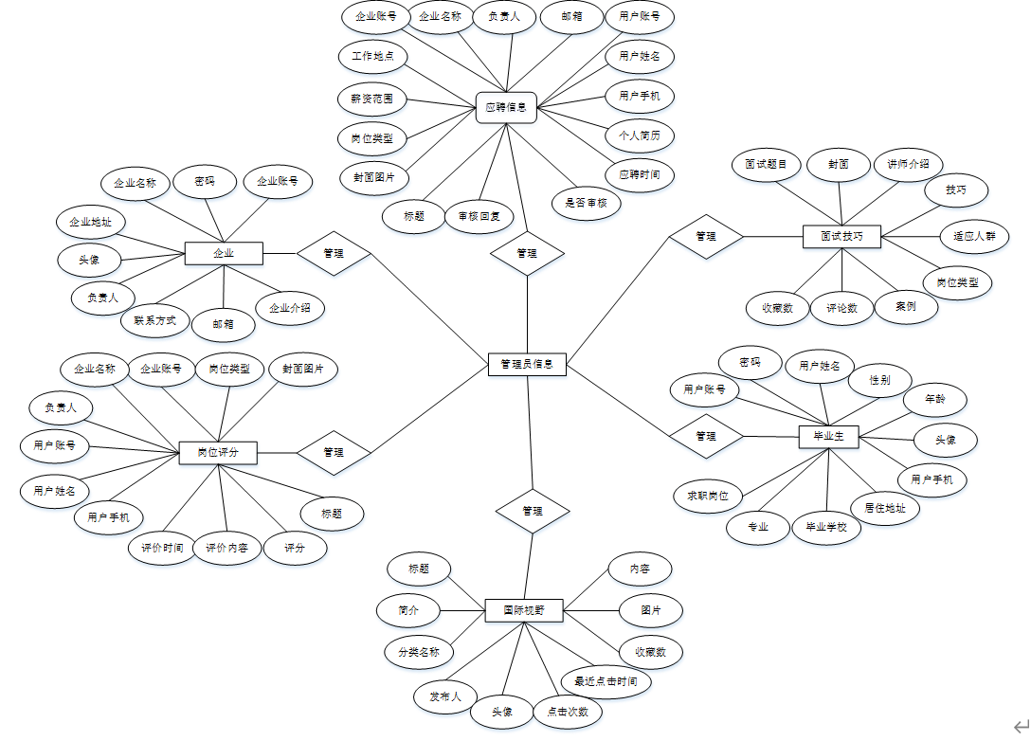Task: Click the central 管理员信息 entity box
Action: (x=527, y=364)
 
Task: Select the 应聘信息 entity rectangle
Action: (x=506, y=107)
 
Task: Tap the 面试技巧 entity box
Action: (x=841, y=236)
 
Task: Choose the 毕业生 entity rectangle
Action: (x=829, y=437)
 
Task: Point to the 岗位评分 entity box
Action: (x=218, y=453)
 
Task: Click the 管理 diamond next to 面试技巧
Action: (x=706, y=236)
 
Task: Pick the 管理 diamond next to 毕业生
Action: (x=706, y=437)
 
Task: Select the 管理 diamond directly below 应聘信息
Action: (x=527, y=253)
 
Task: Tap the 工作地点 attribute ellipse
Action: (x=372, y=57)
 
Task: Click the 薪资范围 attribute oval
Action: (x=372, y=98)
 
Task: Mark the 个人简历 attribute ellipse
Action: (x=640, y=135)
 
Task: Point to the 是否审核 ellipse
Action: (x=586, y=202)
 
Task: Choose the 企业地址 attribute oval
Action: (x=90, y=223)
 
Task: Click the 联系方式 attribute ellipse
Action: (x=155, y=320)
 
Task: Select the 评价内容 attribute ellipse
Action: (x=227, y=548)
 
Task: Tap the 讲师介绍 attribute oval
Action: (x=908, y=164)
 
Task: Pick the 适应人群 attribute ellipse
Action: (x=973, y=236)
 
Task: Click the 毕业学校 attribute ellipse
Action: (x=826, y=527)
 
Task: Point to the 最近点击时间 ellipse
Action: (x=599, y=681)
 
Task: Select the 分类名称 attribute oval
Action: (x=418, y=652)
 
